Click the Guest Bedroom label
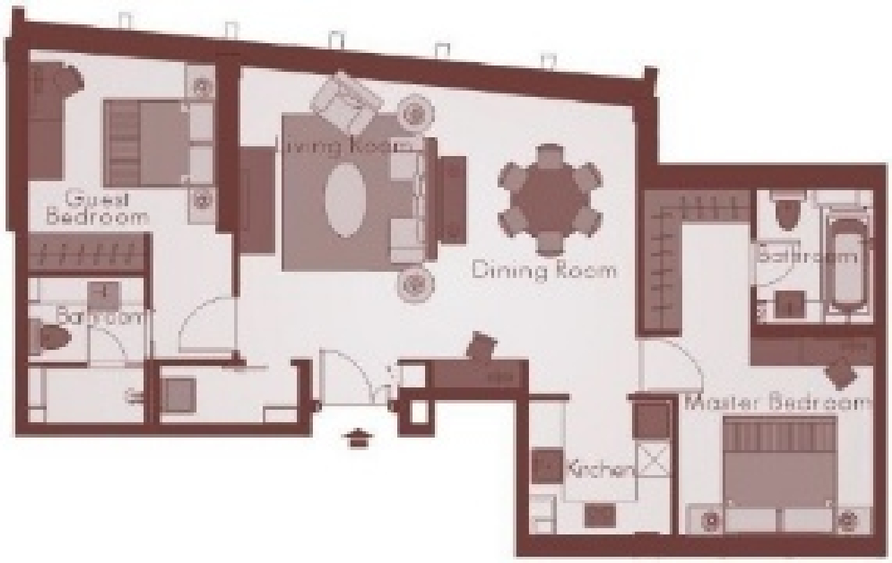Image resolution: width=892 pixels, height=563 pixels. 97,208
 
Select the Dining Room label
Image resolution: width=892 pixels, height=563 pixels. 544,270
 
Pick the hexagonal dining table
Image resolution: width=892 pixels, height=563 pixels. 550,199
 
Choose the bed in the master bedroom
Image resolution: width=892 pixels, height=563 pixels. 778,463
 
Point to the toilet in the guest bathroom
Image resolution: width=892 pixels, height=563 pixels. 54,339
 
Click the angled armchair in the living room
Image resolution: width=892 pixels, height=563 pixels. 346,104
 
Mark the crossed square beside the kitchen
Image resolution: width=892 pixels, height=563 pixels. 654,461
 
